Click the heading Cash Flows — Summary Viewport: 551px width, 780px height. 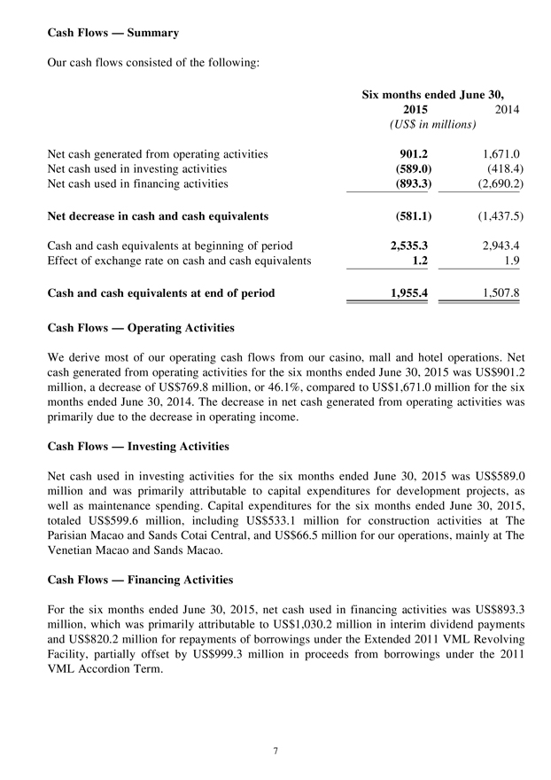[113, 33]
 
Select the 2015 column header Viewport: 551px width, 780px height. [409, 110]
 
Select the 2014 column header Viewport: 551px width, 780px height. [505, 110]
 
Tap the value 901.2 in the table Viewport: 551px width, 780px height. [412, 154]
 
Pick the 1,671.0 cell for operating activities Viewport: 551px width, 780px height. [501, 154]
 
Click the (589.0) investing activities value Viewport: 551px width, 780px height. [410, 168]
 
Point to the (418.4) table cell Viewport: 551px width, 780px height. [501, 168]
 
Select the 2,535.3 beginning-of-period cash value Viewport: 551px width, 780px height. [408, 246]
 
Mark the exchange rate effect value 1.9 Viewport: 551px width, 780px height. [510, 261]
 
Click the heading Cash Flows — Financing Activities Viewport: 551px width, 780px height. [139, 580]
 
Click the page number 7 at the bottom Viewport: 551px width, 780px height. [275, 752]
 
